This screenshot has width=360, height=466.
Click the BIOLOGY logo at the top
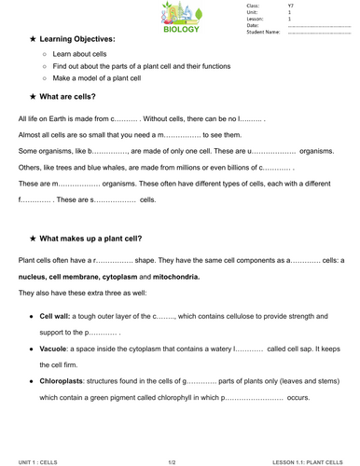(x=180, y=17)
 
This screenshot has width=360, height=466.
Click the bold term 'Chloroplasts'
(x=63, y=381)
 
